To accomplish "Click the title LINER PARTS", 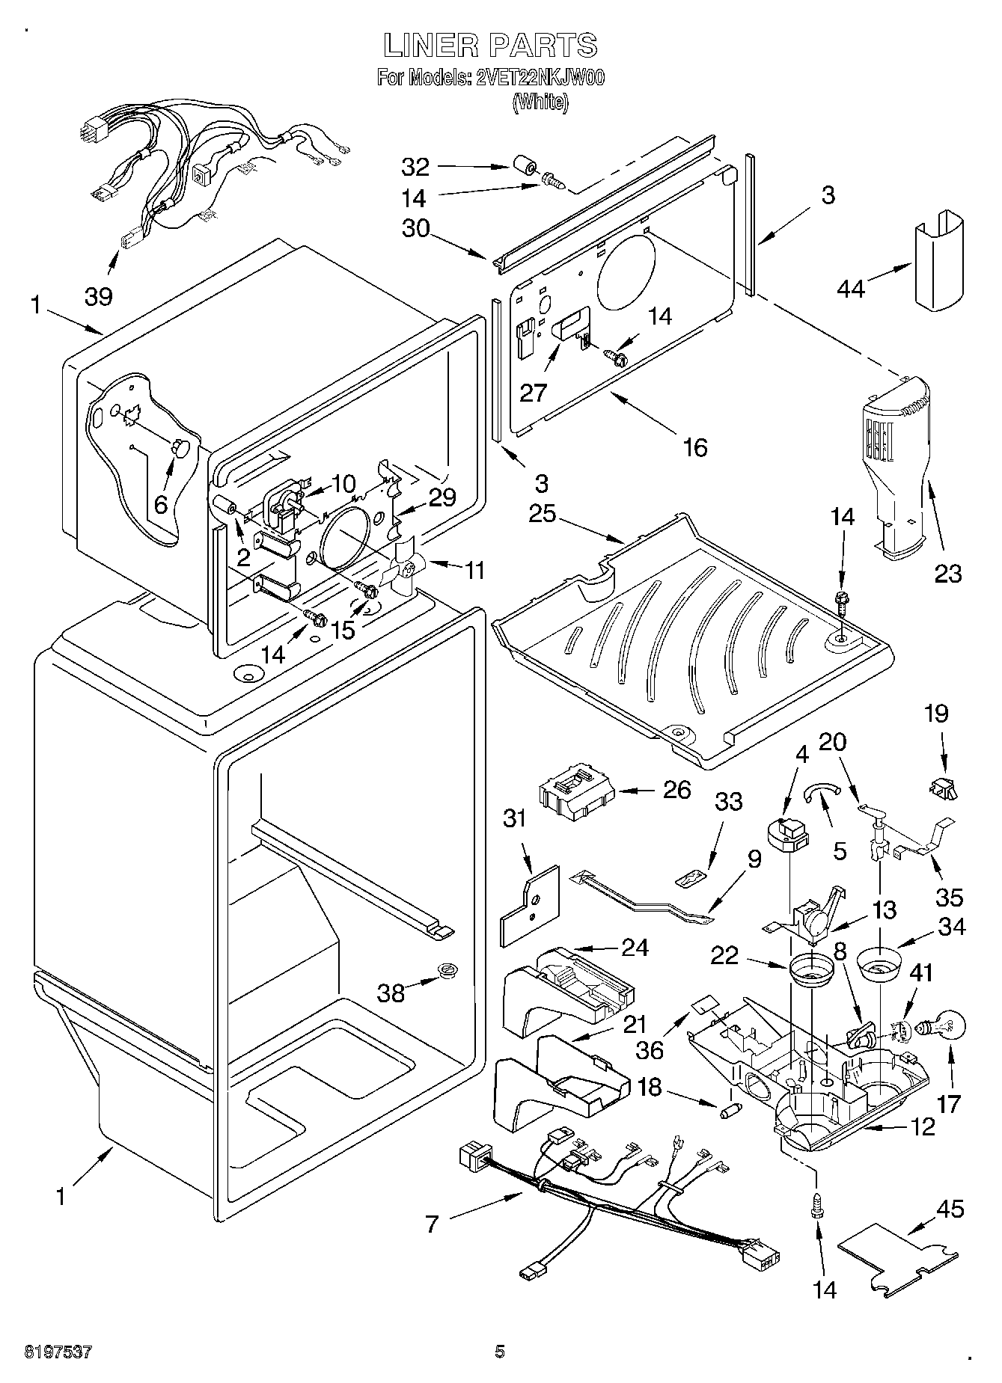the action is pyautogui.click(x=490, y=46).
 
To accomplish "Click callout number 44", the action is pyautogui.click(x=851, y=288).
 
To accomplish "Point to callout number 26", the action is pyautogui.click(x=676, y=790).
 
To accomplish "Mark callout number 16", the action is pyautogui.click(x=695, y=447).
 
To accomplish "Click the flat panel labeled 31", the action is pyautogui.click(x=531, y=907).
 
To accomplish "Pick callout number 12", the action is pyautogui.click(x=922, y=1126).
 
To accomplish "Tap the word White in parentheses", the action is pyautogui.click(x=540, y=102).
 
